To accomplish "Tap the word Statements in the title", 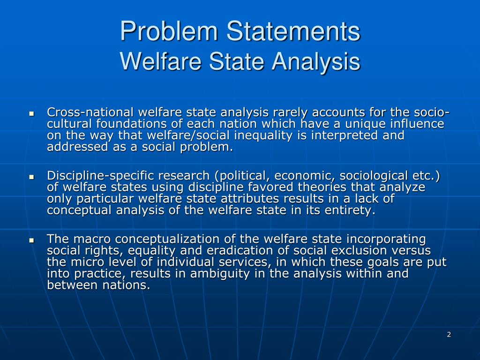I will [293, 32].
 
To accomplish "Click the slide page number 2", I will [449, 334].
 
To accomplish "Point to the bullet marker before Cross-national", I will [31, 113].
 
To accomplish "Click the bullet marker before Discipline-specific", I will [31, 177].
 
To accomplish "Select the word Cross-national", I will [89, 112].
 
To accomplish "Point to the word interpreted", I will [350, 135].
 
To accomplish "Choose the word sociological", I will [370, 176].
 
